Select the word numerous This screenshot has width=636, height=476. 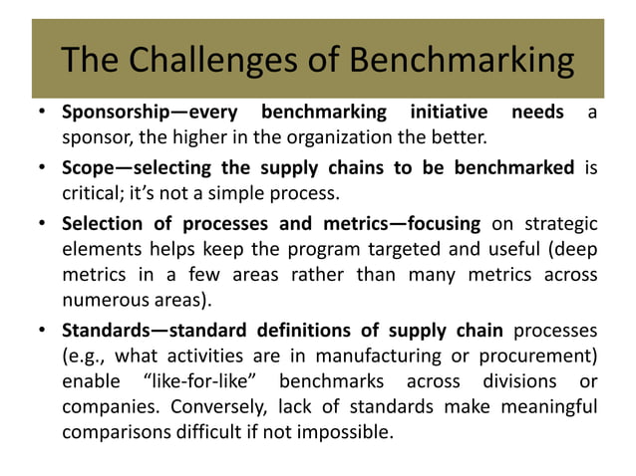tap(101, 298)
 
